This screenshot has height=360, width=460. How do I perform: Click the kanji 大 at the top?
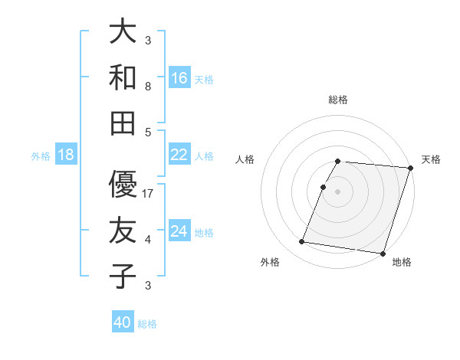click(x=123, y=32)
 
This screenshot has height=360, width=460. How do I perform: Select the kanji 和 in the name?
click(x=123, y=77)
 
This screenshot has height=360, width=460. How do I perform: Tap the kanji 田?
click(x=123, y=122)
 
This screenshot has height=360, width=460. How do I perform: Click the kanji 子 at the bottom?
click(x=123, y=276)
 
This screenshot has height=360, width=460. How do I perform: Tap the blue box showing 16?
click(x=179, y=78)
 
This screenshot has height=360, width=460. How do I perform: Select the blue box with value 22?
click(x=179, y=155)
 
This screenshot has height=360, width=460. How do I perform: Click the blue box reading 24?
click(x=179, y=231)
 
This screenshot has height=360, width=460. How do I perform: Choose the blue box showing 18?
click(x=66, y=155)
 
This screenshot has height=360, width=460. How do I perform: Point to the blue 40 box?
click(x=123, y=322)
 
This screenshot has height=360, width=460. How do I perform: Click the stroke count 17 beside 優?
click(x=149, y=194)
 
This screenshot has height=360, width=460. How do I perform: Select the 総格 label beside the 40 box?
click(x=147, y=324)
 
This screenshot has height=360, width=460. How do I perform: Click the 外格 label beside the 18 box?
click(x=41, y=156)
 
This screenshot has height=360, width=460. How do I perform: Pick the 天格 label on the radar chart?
click(x=431, y=159)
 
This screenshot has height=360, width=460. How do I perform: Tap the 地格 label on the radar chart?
click(x=402, y=262)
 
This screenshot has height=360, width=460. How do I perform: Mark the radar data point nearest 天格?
click(x=410, y=168)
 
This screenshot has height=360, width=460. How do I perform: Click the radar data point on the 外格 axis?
click(x=302, y=242)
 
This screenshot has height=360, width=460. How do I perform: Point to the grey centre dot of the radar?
click(x=337, y=191)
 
